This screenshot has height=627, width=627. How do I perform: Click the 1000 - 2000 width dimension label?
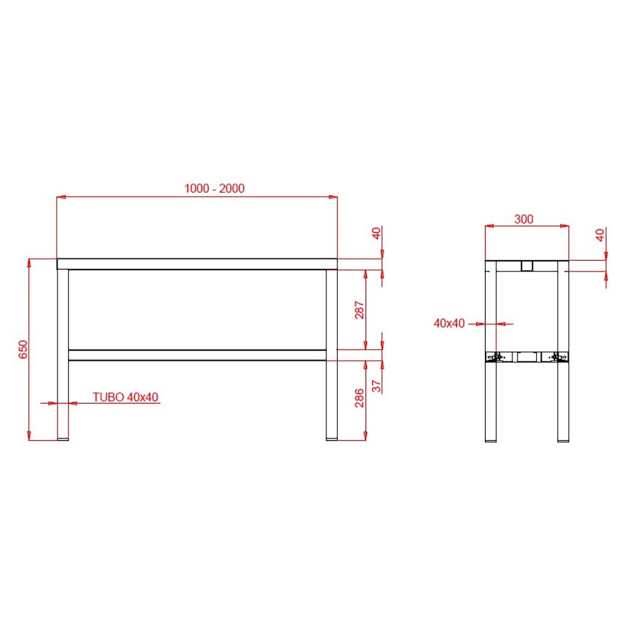214,188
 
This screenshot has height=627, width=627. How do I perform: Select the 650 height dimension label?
23,349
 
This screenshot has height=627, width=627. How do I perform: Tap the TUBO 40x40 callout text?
125,397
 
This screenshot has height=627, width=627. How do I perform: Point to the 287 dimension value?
359,310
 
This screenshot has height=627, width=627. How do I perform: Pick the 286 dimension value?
359,398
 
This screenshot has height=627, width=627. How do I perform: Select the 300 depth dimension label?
524,219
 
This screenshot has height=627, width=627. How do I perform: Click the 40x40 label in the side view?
449,323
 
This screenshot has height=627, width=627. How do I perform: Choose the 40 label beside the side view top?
600,235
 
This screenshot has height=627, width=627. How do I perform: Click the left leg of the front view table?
63,355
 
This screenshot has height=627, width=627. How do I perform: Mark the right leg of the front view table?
332,355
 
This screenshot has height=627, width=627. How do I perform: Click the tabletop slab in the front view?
196,264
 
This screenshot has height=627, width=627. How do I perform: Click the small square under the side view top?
527,266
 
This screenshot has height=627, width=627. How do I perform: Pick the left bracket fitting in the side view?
494,357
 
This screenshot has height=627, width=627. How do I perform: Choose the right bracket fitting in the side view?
559,357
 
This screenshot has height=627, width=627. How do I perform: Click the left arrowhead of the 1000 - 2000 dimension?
60,197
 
